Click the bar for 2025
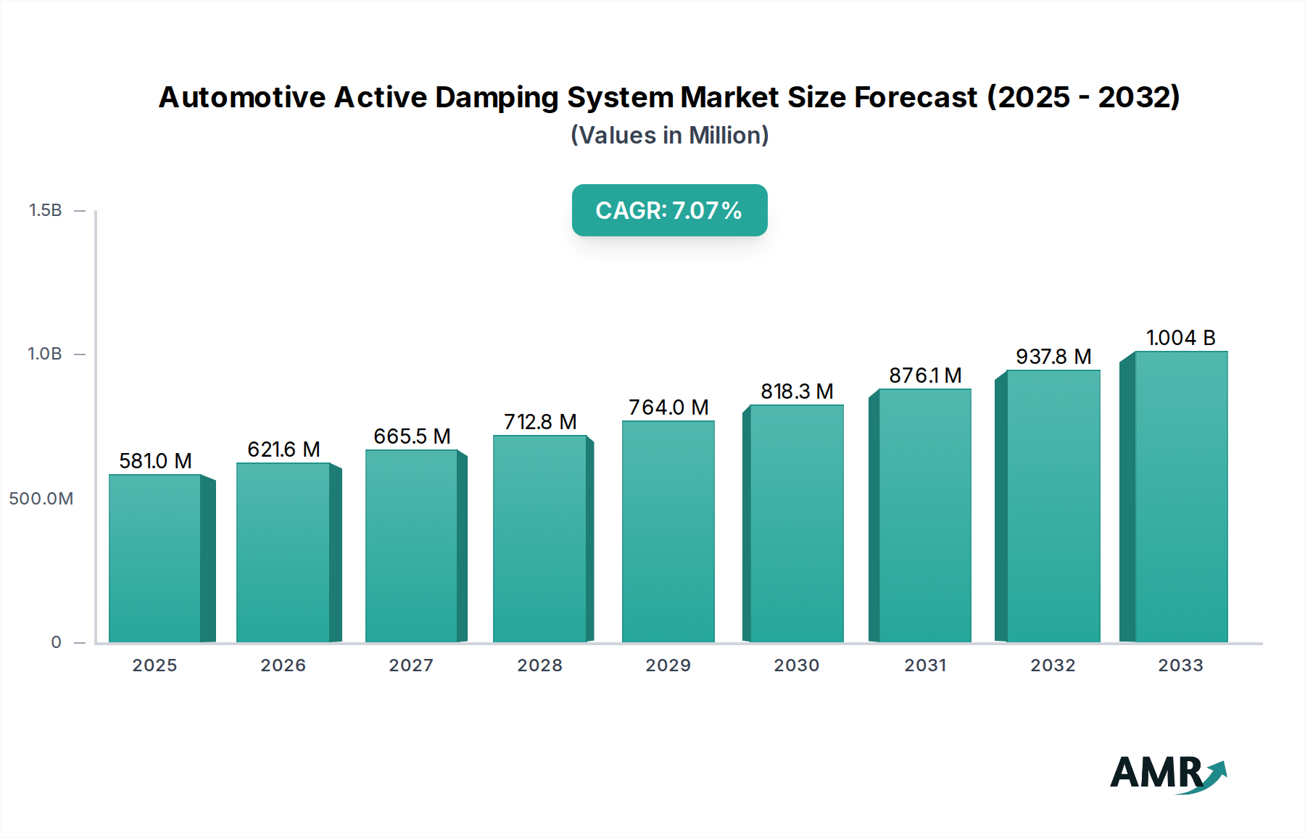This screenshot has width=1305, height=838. (155, 558)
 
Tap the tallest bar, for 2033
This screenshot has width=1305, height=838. (1180, 497)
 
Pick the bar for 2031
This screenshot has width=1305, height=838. (924, 515)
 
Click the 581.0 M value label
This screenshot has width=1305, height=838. (155, 461)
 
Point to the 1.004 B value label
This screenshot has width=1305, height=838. (1180, 338)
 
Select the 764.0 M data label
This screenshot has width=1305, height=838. (668, 407)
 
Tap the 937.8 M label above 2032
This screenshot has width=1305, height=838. (1053, 357)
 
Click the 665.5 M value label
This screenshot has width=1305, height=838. (412, 436)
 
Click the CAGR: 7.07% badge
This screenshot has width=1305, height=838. (669, 210)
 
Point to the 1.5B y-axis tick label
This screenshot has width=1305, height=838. (45, 210)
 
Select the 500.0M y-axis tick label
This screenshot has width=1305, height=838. (41, 499)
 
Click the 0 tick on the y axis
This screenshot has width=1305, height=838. (56, 642)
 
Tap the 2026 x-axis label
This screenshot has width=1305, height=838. (283, 665)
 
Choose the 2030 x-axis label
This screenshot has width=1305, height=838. (796, 665)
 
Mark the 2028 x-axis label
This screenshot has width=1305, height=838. (539, 665)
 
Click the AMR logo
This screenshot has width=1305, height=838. (1168, 773)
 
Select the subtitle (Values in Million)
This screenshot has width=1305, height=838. (669, 136)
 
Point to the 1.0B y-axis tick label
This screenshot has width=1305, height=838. (45, 354)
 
